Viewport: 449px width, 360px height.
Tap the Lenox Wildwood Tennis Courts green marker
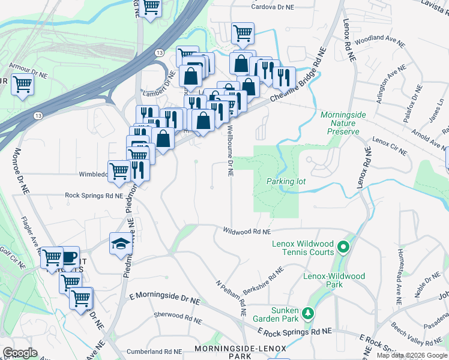coord(343,246)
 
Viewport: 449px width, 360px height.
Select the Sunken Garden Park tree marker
coord(307,313)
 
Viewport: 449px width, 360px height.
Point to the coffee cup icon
coord(69,257)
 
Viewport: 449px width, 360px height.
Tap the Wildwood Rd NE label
coord(247,231)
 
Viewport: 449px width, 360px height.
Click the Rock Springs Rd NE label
coord(94,196)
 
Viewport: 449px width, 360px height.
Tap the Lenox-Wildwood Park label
coord(334,280)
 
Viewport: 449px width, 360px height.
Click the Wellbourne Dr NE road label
coord(230,150)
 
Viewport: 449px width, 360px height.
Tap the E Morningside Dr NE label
coord(164,298)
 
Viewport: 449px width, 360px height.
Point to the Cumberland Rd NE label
coord(154,352)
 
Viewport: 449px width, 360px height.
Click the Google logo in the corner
coord(20,353)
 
